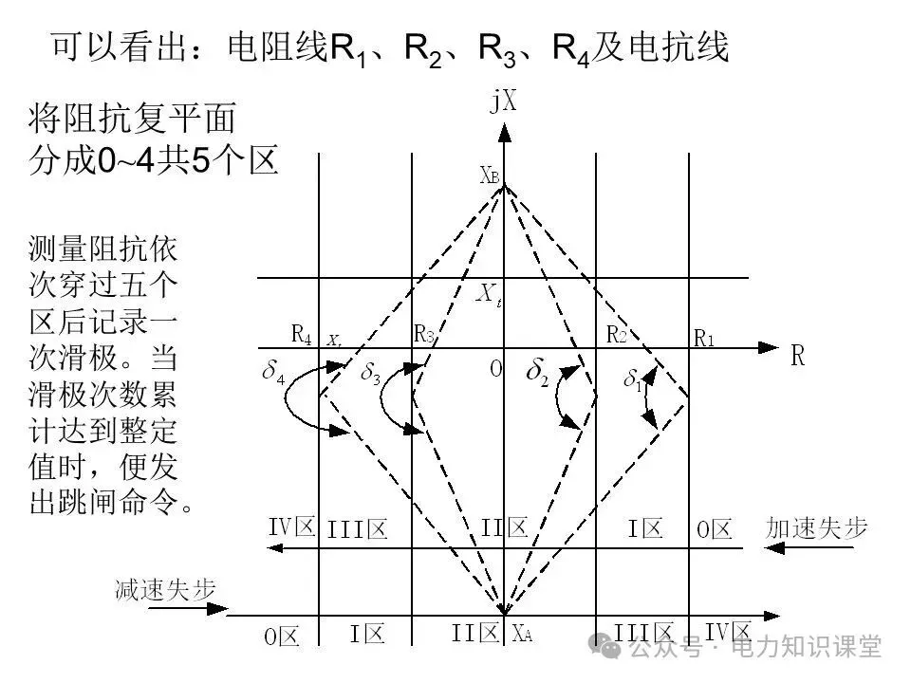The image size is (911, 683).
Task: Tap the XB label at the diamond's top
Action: (490, 175)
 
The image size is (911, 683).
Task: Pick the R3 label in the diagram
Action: (423, 334)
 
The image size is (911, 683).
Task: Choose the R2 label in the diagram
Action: (617, 334)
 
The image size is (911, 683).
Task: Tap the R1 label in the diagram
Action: (704, 337)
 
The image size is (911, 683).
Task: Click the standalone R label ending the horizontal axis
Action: (798, 356)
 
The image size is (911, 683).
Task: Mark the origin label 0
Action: (494, 368)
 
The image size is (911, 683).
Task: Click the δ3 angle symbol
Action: (370, 372)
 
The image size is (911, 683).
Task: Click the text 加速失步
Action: (816, 527)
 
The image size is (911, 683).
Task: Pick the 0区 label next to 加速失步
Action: (715, 529)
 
